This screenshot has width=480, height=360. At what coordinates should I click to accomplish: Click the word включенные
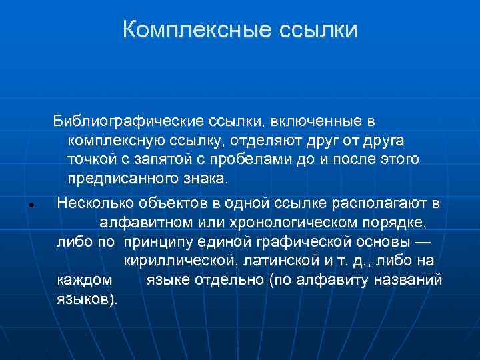(311, 121)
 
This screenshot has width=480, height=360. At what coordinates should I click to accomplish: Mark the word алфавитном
(143, 222)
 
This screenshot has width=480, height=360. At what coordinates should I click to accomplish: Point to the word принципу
(157, 241)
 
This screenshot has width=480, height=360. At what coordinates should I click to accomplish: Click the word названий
(411, 280)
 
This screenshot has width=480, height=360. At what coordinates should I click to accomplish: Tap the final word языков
(85, 299)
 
